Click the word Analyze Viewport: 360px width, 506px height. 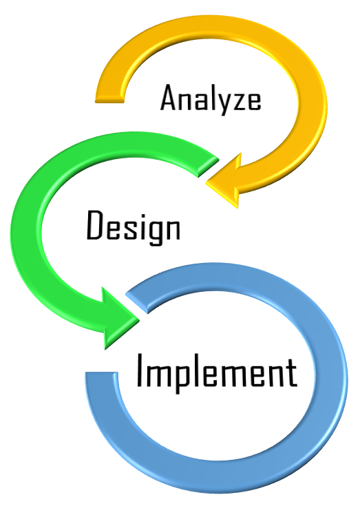(211, 99)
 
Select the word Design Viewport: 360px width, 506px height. (134, 227)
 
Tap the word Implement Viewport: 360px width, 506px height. (217, 372)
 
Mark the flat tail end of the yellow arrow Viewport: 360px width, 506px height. (109, 99)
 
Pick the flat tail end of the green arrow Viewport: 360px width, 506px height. (209, 165)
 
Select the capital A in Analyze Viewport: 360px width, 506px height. (169, 98)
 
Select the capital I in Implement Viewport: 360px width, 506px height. (140, 370)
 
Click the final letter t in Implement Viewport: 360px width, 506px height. (292, 372)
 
